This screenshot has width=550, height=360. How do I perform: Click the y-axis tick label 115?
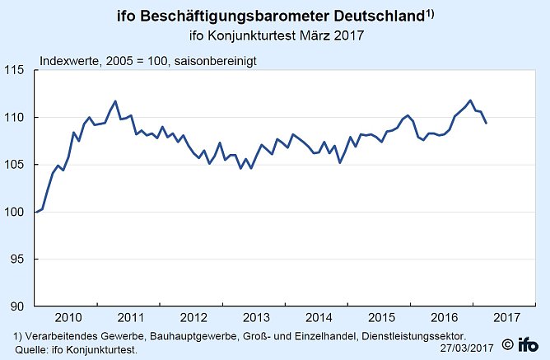(19, 71)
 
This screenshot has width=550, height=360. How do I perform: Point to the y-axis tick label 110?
(19, 118)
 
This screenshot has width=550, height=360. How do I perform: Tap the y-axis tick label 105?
(19, 165)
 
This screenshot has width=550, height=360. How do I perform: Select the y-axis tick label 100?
(19, 212)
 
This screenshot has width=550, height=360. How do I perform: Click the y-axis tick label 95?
(21, 259)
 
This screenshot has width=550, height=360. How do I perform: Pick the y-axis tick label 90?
(21, 306)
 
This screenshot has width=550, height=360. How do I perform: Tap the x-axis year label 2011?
(130, 317)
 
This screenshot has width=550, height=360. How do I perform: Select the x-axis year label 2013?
(256, 317)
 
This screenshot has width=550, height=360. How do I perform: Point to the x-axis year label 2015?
(382, 317)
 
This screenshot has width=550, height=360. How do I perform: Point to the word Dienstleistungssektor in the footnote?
(422, 336)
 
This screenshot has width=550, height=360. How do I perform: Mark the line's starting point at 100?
(36, 212)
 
